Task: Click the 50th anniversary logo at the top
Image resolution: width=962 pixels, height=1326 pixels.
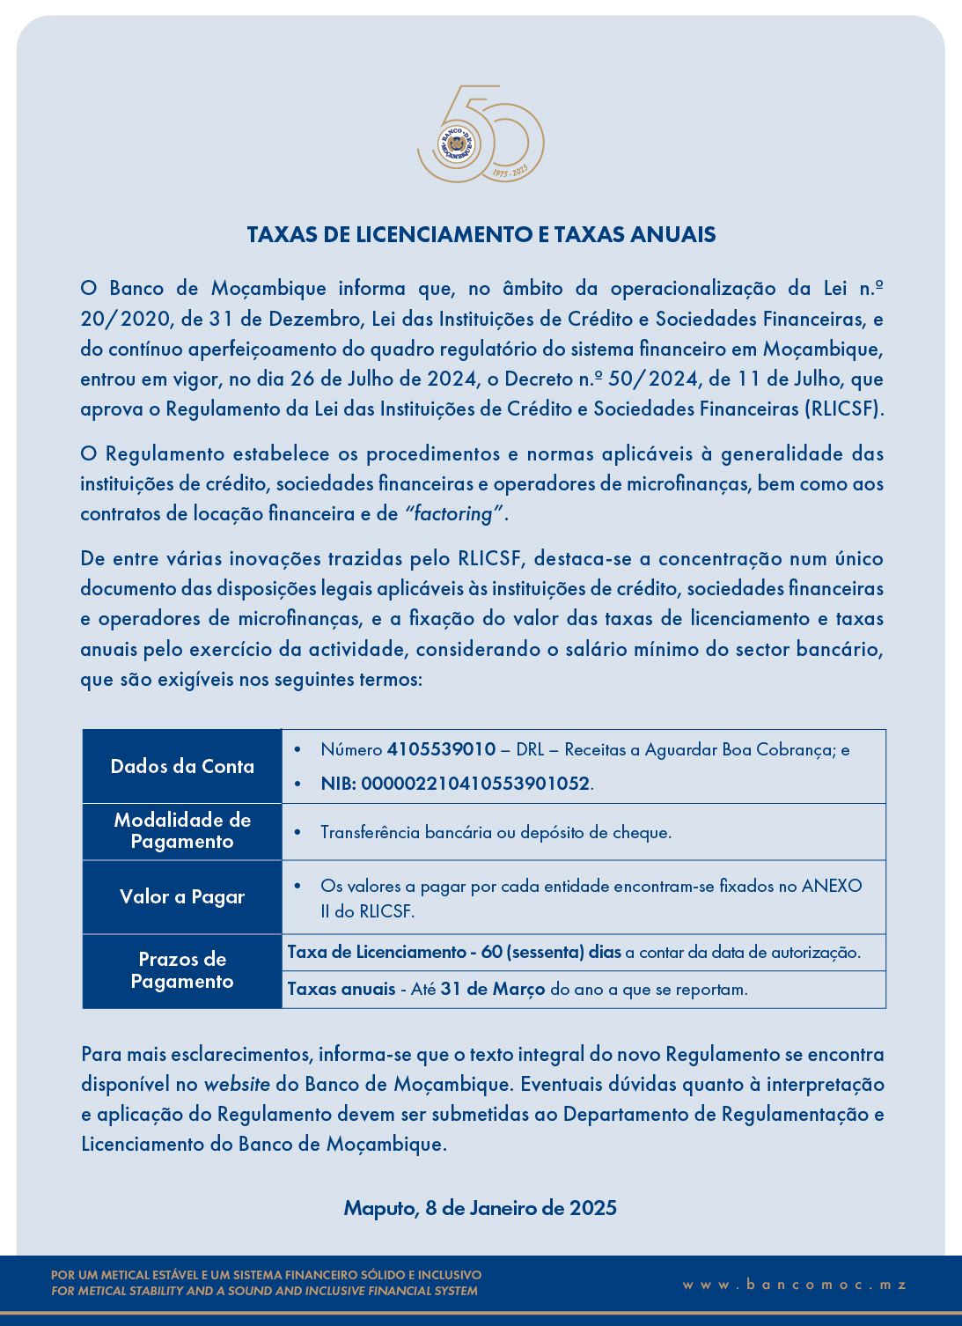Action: point(481,135)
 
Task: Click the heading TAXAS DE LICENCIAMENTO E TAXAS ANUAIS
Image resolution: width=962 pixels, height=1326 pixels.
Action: point(481,234)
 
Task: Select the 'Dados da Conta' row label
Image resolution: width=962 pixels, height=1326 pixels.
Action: point(182,766)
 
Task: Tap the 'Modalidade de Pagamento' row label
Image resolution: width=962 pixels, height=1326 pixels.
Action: point(182,830)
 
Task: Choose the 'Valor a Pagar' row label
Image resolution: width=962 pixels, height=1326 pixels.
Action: point(182,896)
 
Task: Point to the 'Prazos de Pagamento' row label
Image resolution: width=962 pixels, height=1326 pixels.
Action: point(182,970)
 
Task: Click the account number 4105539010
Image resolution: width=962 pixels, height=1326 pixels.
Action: point(441,749)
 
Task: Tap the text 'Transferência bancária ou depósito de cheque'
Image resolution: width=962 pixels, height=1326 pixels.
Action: point(496,832)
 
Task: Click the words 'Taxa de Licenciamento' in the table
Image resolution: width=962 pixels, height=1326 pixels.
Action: point(377,952)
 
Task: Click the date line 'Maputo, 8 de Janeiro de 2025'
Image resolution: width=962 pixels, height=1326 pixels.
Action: point(481,1207)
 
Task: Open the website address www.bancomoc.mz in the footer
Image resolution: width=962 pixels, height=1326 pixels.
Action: point(794,1285)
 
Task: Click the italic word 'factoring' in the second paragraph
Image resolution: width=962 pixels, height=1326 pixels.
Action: point(452,513)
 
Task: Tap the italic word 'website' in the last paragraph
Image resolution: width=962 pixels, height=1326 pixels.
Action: point(237,1084)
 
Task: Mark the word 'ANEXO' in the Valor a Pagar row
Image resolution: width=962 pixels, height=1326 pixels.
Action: point(831,886)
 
